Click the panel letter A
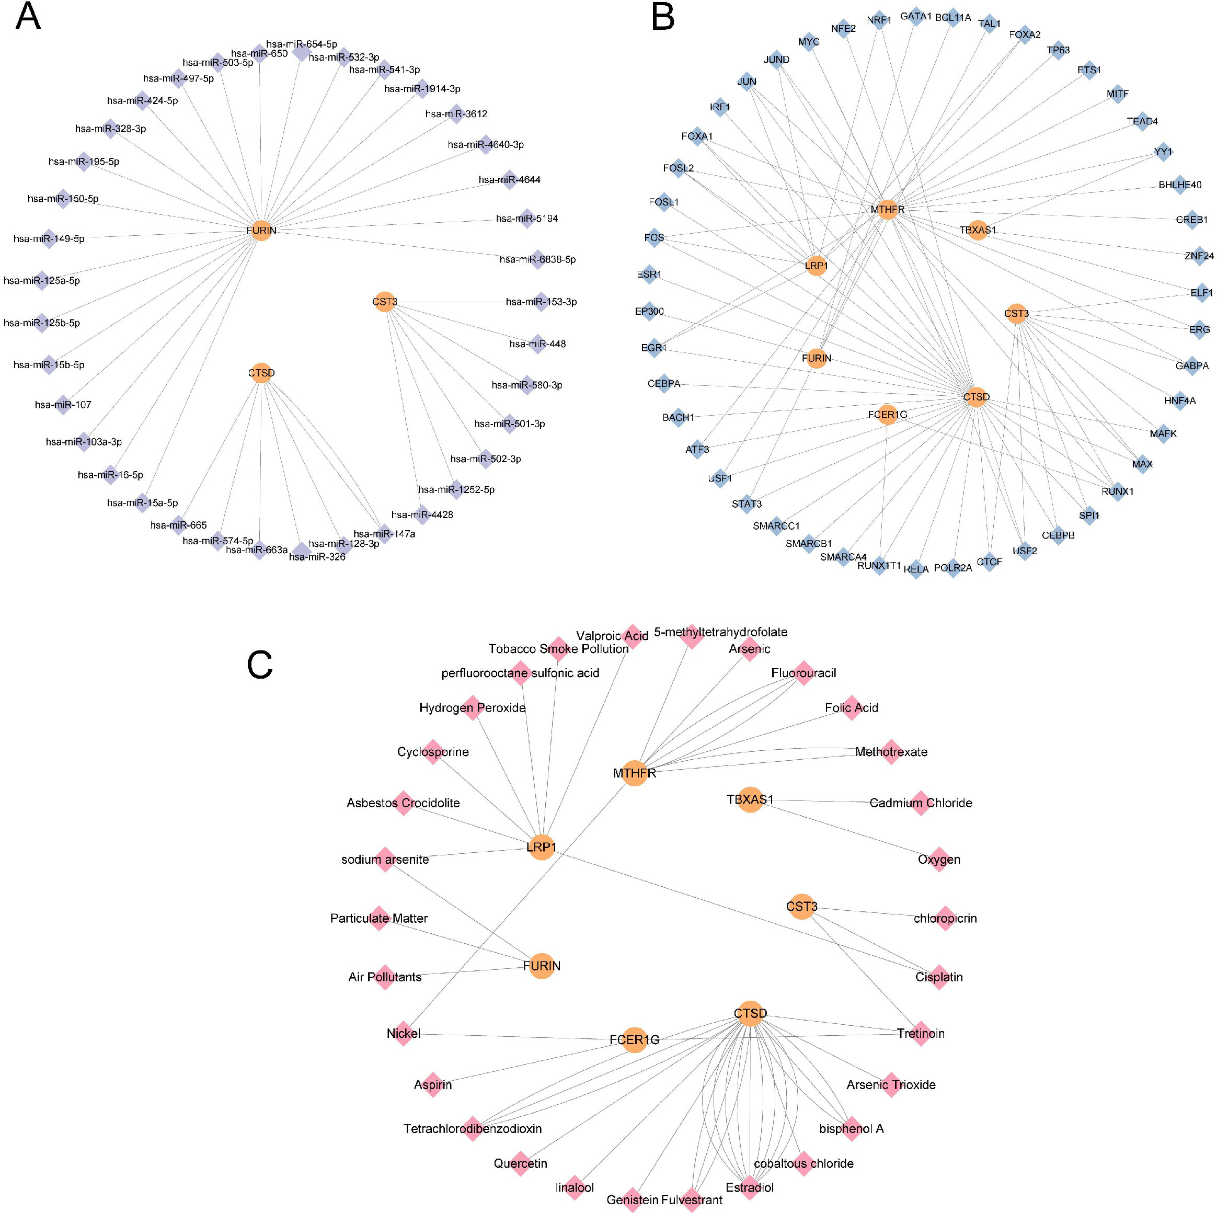coord(28,17)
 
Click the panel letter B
coord(663,17)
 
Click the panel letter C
coord(259,664)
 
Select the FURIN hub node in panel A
coord(261,230)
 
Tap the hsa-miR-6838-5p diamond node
coord(537,259)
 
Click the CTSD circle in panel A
coord(261,373)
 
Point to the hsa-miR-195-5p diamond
coord(84,162)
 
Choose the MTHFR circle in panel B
coord(887,209)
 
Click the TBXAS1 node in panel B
coord(977,230)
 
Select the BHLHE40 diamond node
coord(1180,185)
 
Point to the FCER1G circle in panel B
coord(887,414)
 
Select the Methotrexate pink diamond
coord(891,752)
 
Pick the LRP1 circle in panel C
coord(541,848)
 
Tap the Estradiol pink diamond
coord(750,1187)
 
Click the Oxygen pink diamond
coord(938,859)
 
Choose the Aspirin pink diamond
coord(433,1084)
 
